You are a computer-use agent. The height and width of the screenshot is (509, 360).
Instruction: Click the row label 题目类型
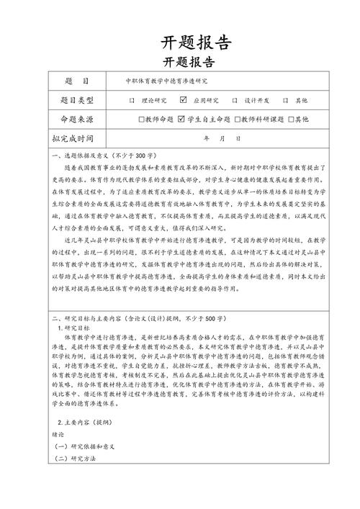(x=77, y=100)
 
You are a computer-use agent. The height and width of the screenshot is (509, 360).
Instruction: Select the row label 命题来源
(x=77, y=118)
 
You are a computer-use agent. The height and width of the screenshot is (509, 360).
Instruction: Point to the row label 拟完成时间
(x=77, y=137)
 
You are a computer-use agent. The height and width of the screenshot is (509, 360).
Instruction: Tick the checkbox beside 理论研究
(x=131, y=100)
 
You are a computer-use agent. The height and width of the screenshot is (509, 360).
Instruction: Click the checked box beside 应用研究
(x=183, y=99)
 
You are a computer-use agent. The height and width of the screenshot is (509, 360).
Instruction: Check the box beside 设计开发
(x=234, y=100)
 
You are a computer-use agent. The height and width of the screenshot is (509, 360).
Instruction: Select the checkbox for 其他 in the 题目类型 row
(x=286, y=100)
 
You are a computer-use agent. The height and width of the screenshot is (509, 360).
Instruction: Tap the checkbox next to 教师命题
(x=142, y=119)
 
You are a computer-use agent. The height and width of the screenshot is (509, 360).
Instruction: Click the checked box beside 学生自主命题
(x=181, y=118)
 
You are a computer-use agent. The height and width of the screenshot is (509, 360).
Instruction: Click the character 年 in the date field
(x=207, y=137)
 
